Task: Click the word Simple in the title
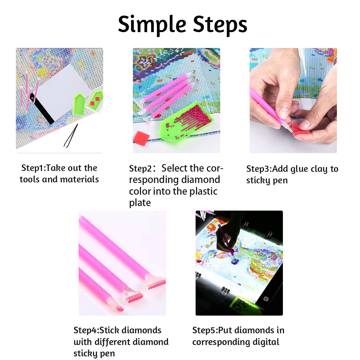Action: click(x=152, y=25)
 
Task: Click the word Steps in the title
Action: click(x=220, y=25)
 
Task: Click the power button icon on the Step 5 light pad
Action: click(x=265, y=299)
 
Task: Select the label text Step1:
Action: click(x=33, y=168)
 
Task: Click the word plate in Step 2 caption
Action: click(x=140, y=203)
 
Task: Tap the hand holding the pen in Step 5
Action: click(x=223, y=243)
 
